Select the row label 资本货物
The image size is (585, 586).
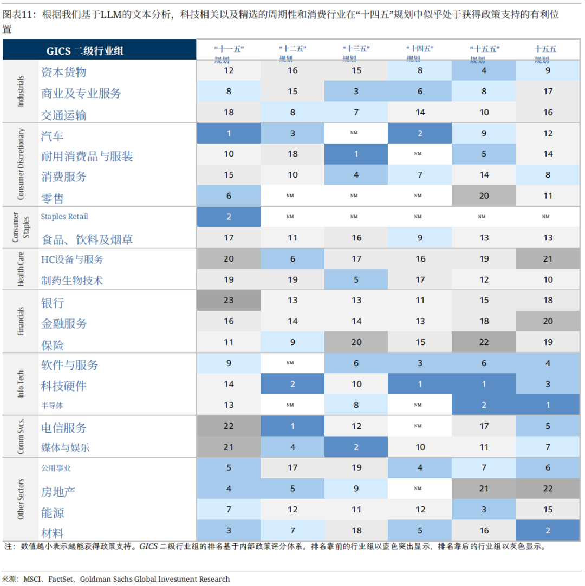tap(64, 72)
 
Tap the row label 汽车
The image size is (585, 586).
tap(53, 135)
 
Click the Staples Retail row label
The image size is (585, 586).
tap(64, 217)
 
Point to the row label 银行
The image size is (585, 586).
tap(53, 303)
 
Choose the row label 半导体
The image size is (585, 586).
tap(56, 405)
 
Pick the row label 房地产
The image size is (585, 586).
tap(58, 492)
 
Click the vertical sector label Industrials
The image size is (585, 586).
tap(21, 91)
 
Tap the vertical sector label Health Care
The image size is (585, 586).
tap(21, 269)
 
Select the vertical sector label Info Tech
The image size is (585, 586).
tap(21, 384)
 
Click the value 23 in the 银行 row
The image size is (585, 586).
tap(229, 301)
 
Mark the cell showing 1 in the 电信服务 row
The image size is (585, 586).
tap(292, 426)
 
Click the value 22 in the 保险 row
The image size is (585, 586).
tap(484, 342)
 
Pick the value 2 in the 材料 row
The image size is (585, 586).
tap(548, 531)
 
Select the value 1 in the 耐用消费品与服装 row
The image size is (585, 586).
tap(356, 154)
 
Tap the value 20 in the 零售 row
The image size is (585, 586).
tap(484, 196)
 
